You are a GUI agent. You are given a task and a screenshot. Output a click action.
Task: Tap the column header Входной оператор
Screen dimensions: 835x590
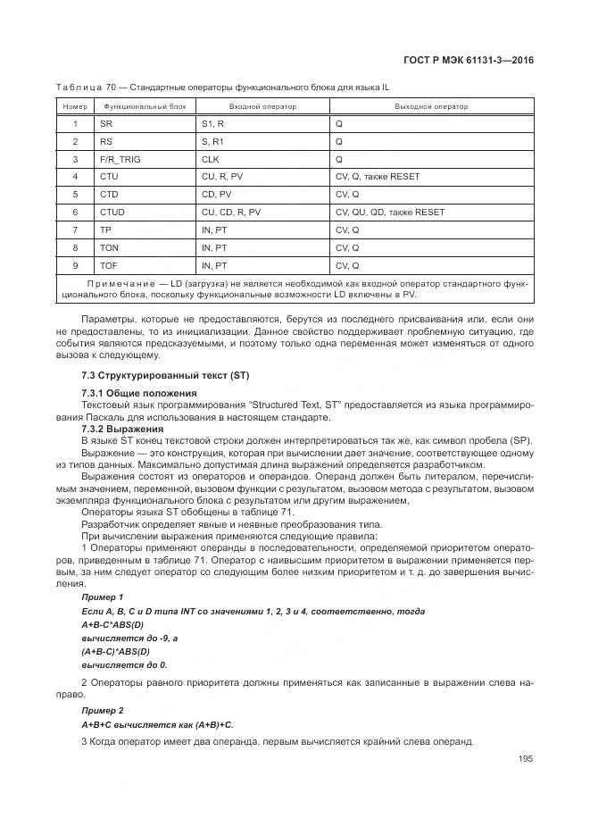pyautogui.click(x=262, y=106)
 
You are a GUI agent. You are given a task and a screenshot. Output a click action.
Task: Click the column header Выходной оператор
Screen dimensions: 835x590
pyautogui.click(x=431, y=106)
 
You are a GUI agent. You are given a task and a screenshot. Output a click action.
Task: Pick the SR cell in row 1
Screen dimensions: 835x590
pyautogui.click(x=106, y=123)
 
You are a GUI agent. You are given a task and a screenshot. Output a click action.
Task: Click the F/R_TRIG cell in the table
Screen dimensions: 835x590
pyautogui.click(x=120, y=159)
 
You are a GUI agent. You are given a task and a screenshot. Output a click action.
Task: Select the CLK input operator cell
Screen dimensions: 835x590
pyautogui.click(x=211, y=159)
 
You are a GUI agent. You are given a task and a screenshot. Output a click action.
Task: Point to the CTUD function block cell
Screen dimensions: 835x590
pyautogui.click(x=112, y=213)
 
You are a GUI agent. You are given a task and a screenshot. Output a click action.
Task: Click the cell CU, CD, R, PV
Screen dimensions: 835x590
pyautogui.click(x=231, y=213)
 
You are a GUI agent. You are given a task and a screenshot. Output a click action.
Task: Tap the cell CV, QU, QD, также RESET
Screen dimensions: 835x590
pyautogui.click(x=389, y=213)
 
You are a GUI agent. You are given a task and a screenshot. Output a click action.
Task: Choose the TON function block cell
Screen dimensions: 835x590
pyautogui.click(x=109, y=248)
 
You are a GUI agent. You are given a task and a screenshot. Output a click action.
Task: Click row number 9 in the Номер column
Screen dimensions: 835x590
pyautogui.click(x=75, y=266)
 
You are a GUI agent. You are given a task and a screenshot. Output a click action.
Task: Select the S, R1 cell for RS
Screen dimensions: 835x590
pyautogui.click(x=213, y=141)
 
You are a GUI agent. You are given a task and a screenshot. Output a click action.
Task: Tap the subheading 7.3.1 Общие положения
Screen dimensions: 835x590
pyautogui.click(x=139, y=394)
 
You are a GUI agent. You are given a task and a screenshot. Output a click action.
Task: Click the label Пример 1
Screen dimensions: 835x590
pyautogui.click(x=102, y=597)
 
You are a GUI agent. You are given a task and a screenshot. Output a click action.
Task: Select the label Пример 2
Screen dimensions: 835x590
pyautogui.click(x=102, y=710)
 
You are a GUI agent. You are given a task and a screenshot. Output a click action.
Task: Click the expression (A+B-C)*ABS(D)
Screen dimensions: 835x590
pyautogui.click(x=119, y=651)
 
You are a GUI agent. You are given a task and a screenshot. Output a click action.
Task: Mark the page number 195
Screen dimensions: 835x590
pyautogui.click(x=525, y=759)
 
